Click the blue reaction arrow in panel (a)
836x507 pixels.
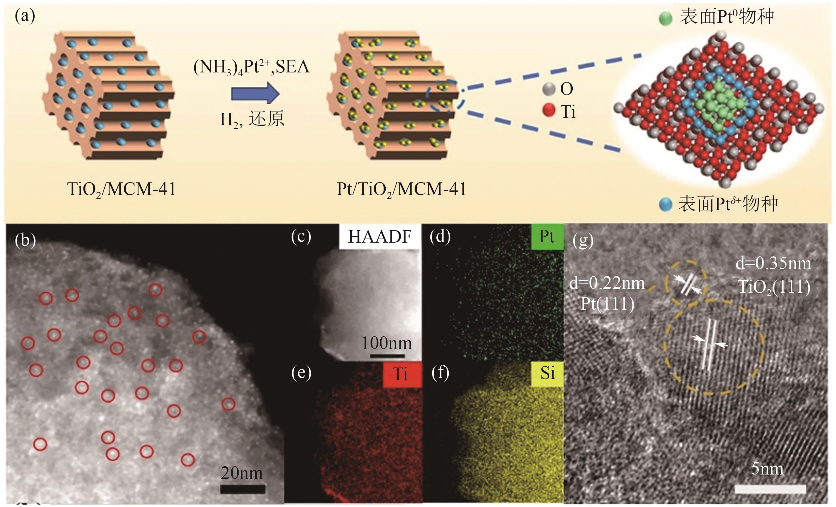click(x=255, y=94)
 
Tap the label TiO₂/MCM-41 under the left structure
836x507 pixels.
click(x=121, y=189)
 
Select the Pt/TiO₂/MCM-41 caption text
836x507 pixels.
click(x=401, y=189)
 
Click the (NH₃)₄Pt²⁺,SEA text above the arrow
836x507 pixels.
click(x=251, y=67)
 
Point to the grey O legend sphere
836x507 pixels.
click(x=548, y=89)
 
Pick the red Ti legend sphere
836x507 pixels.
click(x=548, y=111)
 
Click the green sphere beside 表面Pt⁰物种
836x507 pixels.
click(x=665, y=19)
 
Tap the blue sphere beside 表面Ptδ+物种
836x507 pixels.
click(x=665, y=205)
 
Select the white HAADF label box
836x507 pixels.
click(x=380, y=236)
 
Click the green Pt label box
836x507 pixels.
click(x=547, y=236)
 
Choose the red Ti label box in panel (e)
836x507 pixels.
click(x=402, y=374)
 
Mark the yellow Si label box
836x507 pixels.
click(x=547, y=373)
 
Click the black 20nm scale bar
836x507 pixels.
click(x=242, y=489)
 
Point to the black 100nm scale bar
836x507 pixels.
click(x=387, y=356)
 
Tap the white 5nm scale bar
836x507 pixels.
click(x=770, y=489)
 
